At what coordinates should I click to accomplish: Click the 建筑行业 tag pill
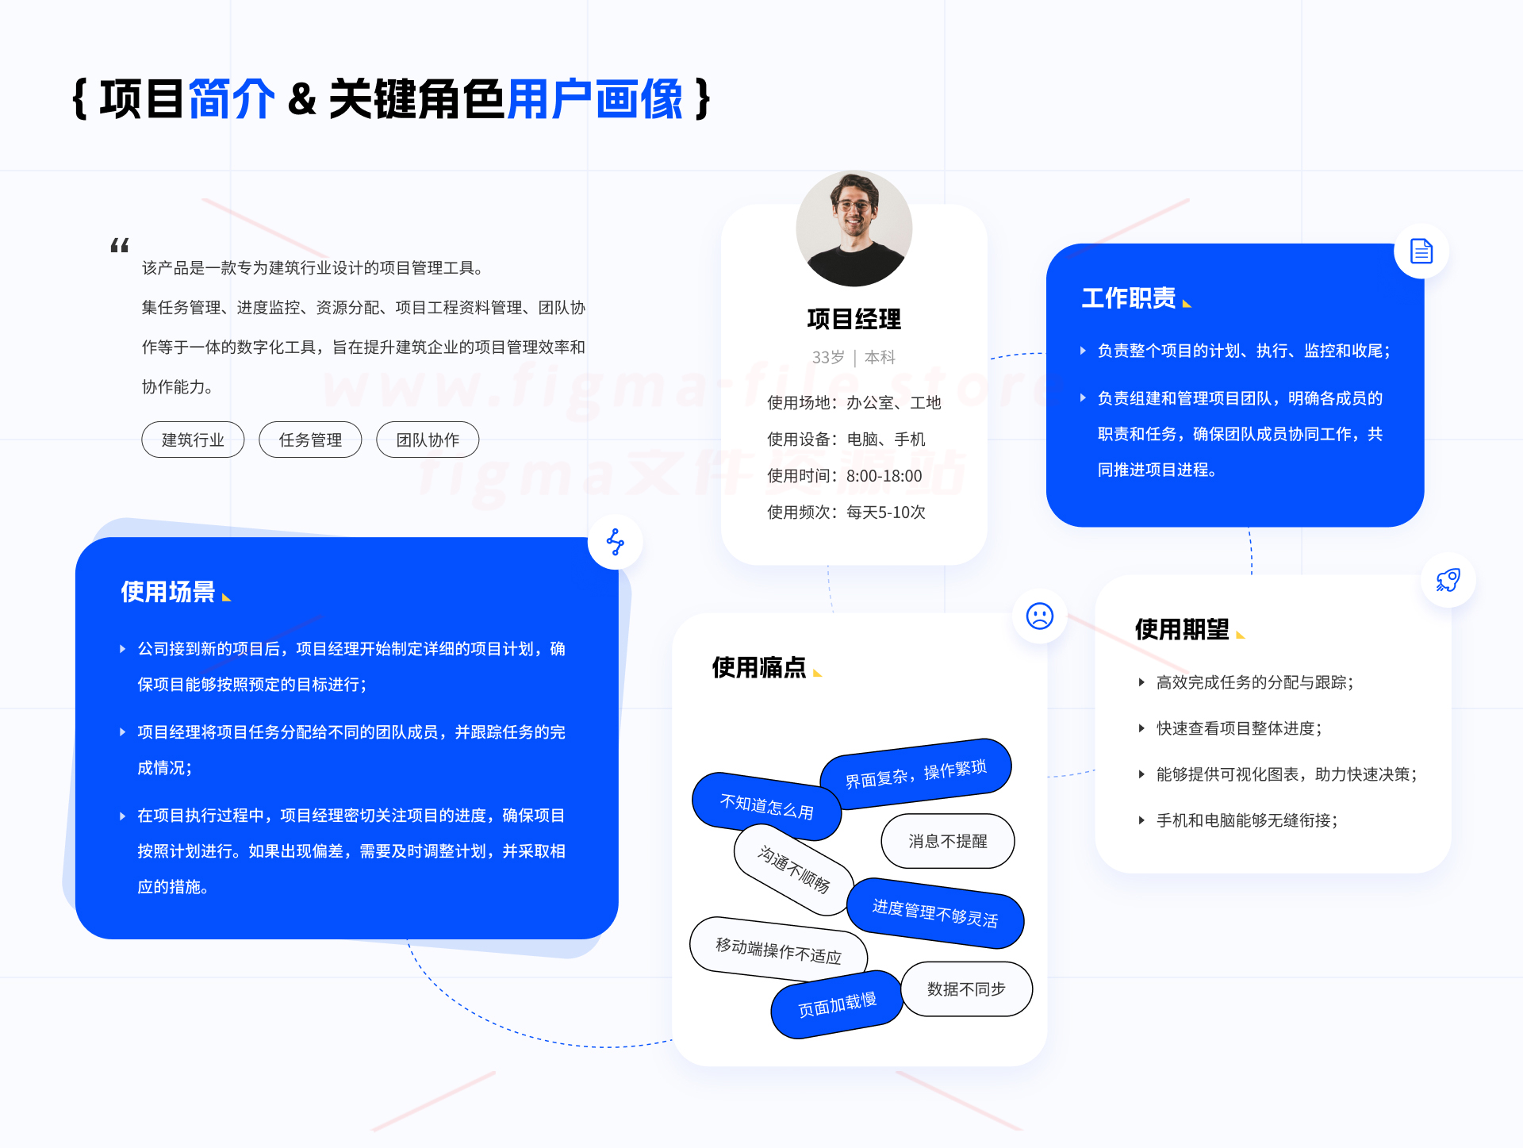point(193,440)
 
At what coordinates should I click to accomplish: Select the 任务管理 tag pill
point(310,440)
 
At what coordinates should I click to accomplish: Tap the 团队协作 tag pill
point(428,440)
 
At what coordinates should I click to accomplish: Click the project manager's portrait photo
point(854,228)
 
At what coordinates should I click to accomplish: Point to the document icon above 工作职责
point(1421,251)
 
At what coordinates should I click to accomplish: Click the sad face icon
point(1039,616)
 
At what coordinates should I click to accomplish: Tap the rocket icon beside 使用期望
point(1448,580)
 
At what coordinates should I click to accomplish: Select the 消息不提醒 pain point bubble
point(948,841)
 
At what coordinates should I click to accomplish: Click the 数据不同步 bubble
point(967,989)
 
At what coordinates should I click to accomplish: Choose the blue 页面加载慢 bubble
point(838,1004)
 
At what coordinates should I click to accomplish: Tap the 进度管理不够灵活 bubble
point(935,913)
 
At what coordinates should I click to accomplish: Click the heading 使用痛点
point(759,668)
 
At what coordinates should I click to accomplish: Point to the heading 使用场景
point(168,592)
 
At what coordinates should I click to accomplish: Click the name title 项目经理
point(854,319)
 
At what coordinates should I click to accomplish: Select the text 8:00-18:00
point(884,476)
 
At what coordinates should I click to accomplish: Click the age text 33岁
point(828,358)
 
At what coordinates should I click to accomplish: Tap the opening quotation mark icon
point(120,245)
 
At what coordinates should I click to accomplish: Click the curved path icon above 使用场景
point(616,542)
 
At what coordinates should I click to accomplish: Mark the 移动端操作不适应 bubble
point(779,950)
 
